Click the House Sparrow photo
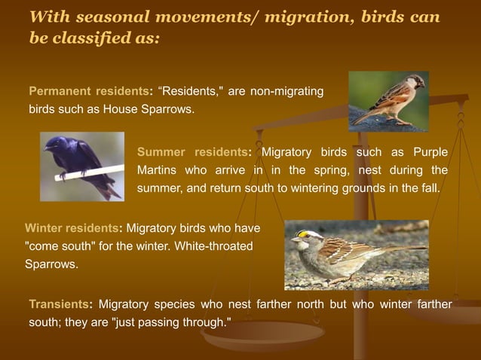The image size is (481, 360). (388, 101)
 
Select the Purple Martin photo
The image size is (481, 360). (82, 166)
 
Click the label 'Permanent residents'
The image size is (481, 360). (88, 92)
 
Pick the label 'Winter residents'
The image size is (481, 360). (72, 228)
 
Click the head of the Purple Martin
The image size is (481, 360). (56, 143)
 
